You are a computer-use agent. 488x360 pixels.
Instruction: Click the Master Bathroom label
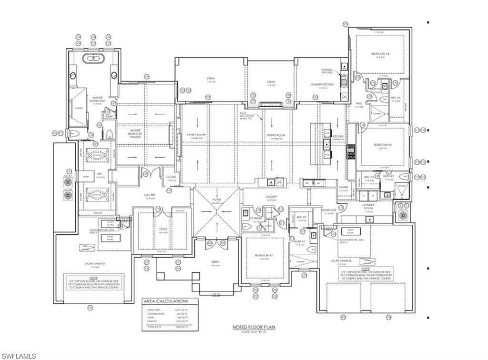click(x=97, y=100)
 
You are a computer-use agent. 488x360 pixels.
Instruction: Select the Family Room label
click(x=196, y=135)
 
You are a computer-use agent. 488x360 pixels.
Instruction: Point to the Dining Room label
click(x=276, y=135)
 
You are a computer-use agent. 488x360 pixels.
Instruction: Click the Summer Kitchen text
click(x=322, y=84)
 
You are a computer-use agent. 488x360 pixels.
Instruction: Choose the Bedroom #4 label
click(x=380, y=54)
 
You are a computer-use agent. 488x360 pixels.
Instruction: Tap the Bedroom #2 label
click(x=264, y=256)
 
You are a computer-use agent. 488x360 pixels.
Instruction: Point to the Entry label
click(x=216, y=262)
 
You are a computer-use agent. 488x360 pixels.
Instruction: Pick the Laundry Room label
click(x=368, y=206)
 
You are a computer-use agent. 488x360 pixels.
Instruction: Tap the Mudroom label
click(x=329, y=210)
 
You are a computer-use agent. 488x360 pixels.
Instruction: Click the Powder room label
click(x=256, y=218)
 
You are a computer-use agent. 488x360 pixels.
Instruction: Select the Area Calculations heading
click(x=166, y=301)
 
